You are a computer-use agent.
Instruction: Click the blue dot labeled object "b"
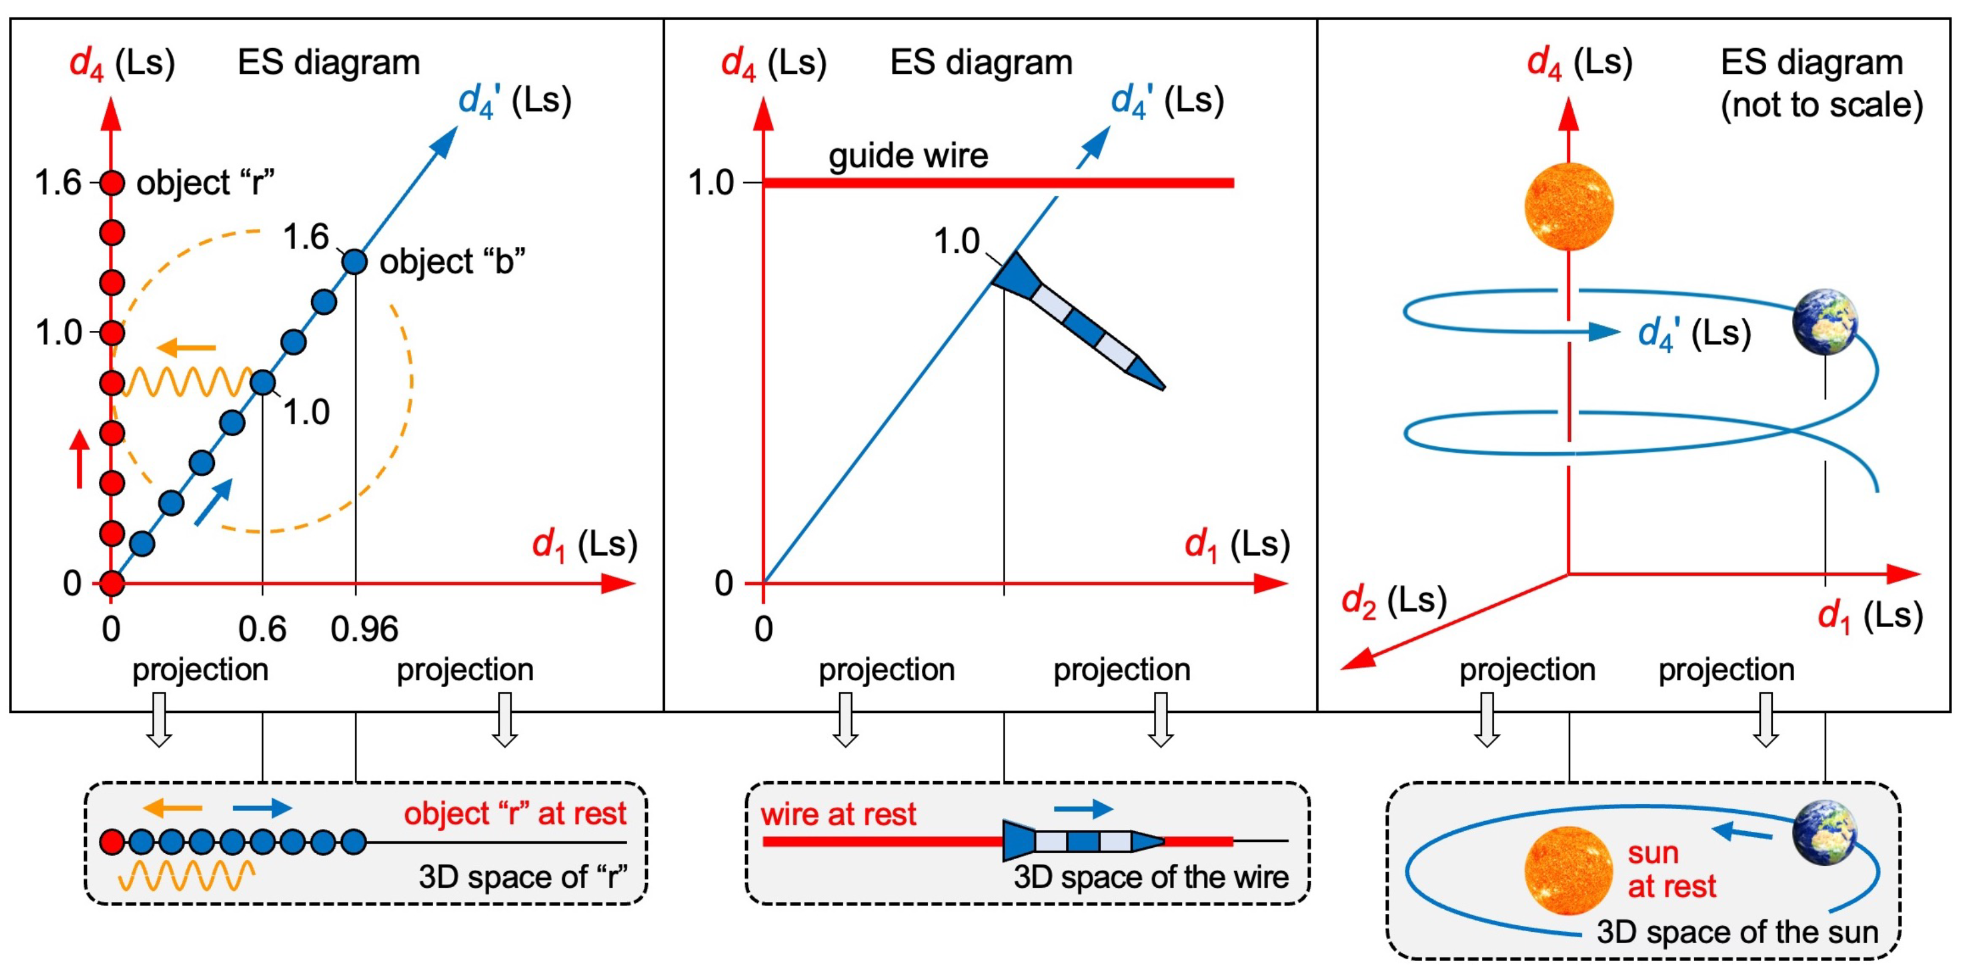click(x=354, y=262)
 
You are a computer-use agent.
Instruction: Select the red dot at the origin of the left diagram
click(x=112, y=583)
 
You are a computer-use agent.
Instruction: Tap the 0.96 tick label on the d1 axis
click(x=364, y=629)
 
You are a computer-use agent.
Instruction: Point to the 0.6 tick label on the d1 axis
click(x=262, y=629)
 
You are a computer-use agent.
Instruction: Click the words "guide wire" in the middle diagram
click(x=908, y=156)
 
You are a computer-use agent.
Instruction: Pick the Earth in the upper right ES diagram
click(x=1825, y=322)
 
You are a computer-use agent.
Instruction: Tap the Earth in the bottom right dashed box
click(x=1825, y=833)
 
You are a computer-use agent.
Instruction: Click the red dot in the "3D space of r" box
click(x=112, y=843)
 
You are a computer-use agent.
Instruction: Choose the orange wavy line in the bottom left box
click(x=187, y=876)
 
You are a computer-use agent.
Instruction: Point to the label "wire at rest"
click(x=838, y=814)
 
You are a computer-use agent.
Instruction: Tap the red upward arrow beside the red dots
click(x=79, y=458)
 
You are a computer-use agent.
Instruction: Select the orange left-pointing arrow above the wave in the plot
click(x=187, y=349)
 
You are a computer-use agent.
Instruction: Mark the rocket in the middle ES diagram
click(x=1078, y=320)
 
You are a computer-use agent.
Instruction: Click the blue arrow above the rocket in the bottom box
click(x=1083, y=808)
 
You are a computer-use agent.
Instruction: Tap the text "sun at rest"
click(x=1671, y=870)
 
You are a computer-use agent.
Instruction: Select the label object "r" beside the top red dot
click(x=205, y=183)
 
